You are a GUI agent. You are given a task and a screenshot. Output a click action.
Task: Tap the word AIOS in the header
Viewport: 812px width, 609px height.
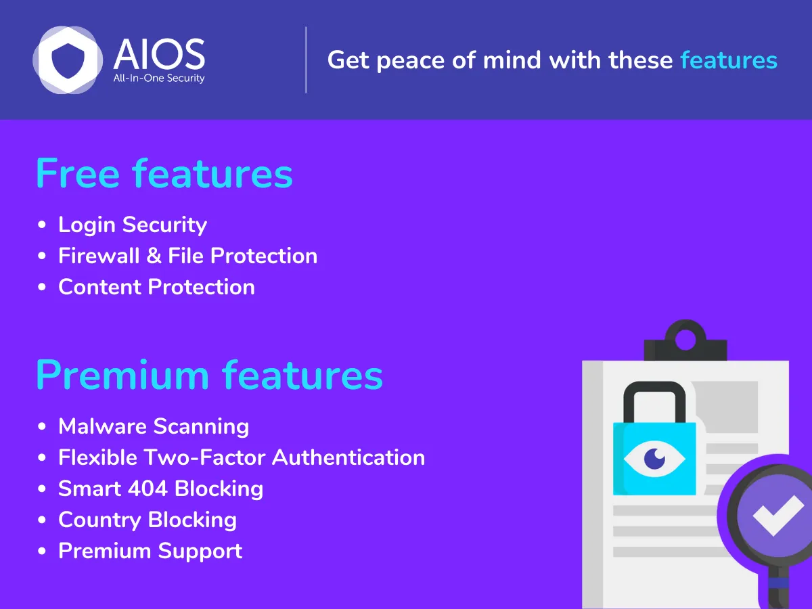(159, 54)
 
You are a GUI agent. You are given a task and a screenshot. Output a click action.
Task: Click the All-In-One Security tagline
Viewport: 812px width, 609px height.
(159, 78)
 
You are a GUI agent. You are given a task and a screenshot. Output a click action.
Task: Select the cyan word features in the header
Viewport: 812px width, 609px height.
(729, 60)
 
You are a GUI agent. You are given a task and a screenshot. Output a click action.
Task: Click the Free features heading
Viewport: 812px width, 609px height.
(164, 173)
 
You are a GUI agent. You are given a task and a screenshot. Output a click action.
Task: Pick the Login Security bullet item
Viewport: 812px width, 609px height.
(133, 225)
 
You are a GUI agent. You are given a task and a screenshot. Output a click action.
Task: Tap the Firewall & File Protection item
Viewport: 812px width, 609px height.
(187, 256)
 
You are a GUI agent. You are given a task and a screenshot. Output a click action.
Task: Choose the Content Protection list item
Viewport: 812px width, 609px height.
(156, 287)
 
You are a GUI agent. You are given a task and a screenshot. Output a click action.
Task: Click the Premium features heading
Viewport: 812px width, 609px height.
(209, 375)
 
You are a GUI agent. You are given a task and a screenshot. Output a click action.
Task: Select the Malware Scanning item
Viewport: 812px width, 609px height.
(154, 426)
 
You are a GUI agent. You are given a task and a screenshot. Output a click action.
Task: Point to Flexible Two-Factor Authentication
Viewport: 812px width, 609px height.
(242, 457)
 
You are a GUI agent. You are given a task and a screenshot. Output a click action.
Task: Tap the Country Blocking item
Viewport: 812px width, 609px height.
(148, 520)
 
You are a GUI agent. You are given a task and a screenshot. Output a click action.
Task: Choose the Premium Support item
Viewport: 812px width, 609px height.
(150, 551)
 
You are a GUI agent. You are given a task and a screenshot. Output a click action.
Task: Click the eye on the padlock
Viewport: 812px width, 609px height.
(654, 459)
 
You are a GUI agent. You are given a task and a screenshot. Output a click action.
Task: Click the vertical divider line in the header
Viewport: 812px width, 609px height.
(306, 60)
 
